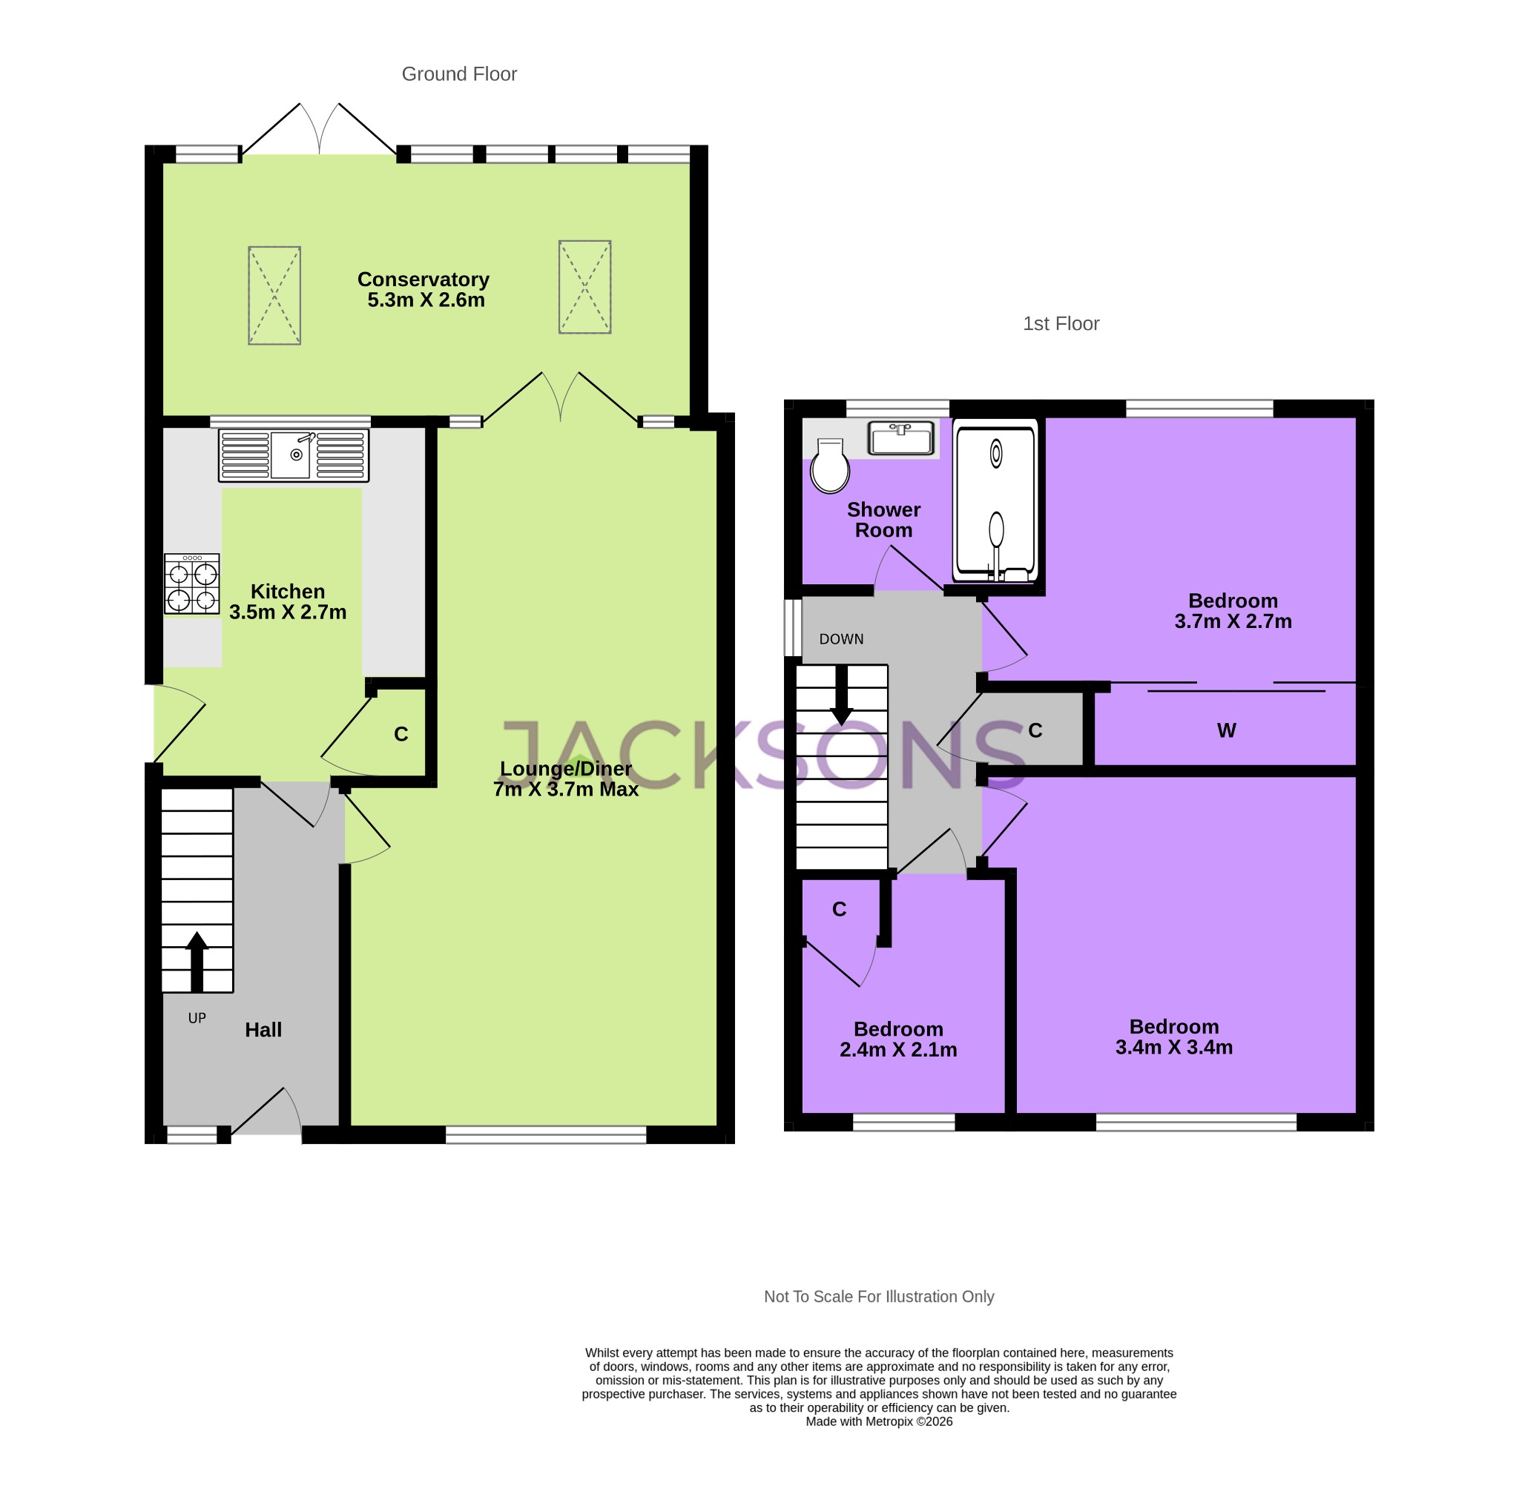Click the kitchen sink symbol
pos(293,455)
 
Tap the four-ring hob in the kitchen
pos(192,584)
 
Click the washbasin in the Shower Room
pos(901,438)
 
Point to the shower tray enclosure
pos(996,503)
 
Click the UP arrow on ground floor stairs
pos(197,960)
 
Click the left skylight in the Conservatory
pos(274,296)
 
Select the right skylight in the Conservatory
pos(585,287)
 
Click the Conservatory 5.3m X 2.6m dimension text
pos(426,300)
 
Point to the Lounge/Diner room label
pos(565,769)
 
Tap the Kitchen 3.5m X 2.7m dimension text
pos(288,612)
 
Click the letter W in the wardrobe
pos(1226,730)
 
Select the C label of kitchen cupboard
pos(401,734)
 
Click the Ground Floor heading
pos(459,74)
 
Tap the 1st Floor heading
pos(1061,324)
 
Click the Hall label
pos(263,1030)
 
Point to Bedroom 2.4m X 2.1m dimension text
pos(898,1049)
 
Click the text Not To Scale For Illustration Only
pos(878,1296)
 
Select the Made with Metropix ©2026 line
pos(878,1421)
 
